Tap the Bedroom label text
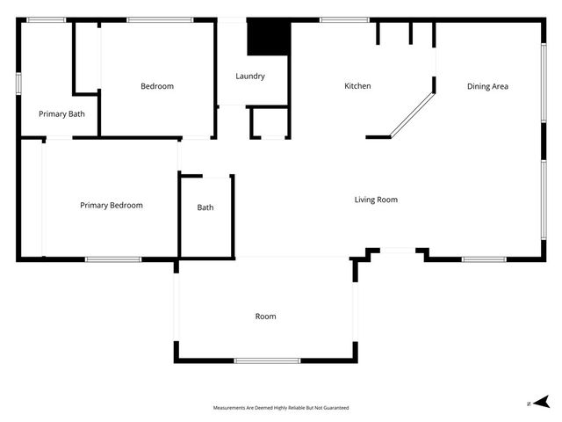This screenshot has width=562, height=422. (157, 86)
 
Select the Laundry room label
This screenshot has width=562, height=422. (250, 76)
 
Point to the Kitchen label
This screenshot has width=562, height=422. (357, 86)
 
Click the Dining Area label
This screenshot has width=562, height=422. (487, 86)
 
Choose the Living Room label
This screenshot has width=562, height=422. (376, 200)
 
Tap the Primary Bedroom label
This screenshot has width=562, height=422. (112, 205)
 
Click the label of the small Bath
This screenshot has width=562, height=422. (205, 207)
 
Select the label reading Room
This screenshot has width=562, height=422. (265, 316)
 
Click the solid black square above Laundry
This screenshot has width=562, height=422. (268, 38)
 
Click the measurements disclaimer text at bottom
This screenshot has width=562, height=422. (281, 408)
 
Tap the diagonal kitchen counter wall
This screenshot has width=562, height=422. (412, 112)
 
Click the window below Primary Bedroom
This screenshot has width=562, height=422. (113, 258)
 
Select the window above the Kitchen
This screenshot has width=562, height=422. (332, 19)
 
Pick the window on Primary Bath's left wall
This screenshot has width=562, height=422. (18, 82)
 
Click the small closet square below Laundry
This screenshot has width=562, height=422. (269, 122)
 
